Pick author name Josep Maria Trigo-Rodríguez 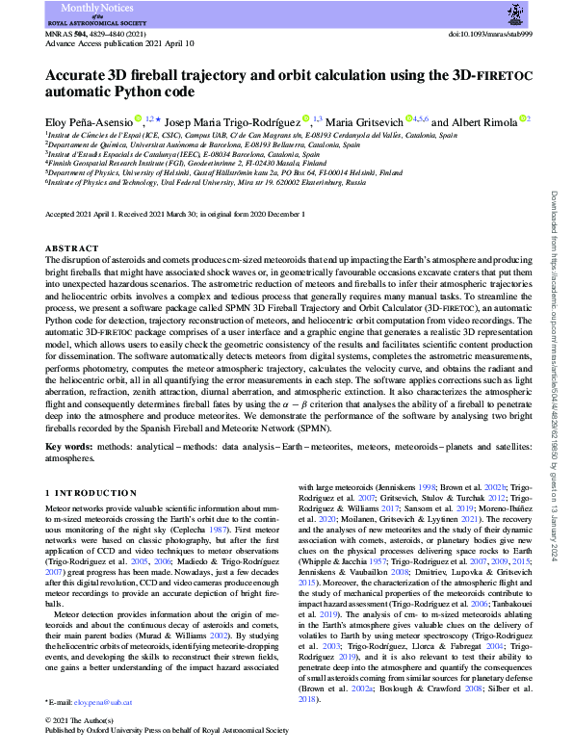[233, 121]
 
